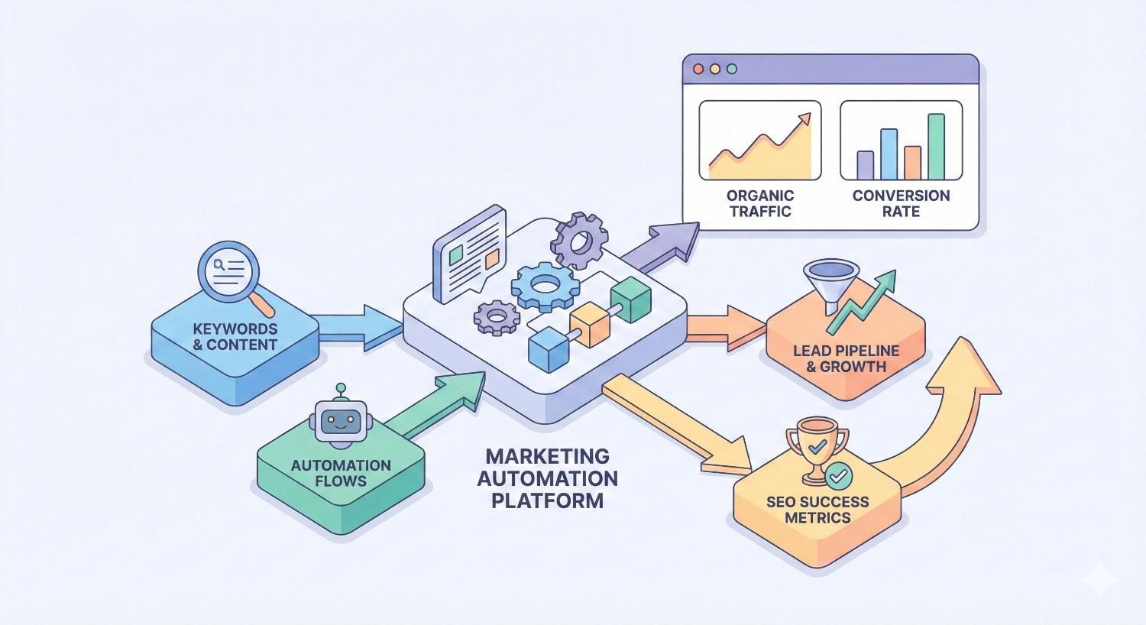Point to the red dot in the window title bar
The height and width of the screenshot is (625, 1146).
698,69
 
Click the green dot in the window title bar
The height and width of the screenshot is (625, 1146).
732,69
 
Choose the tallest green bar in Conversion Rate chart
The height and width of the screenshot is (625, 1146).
936,146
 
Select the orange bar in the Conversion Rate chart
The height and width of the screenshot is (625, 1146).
912,162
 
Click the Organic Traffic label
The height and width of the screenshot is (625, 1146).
760,203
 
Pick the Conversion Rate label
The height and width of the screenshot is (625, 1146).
901,203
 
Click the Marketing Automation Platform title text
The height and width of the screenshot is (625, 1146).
547,478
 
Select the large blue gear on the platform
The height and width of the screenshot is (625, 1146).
544,286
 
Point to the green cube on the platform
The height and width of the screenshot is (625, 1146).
630,299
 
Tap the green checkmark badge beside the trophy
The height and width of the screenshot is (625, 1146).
838,475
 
